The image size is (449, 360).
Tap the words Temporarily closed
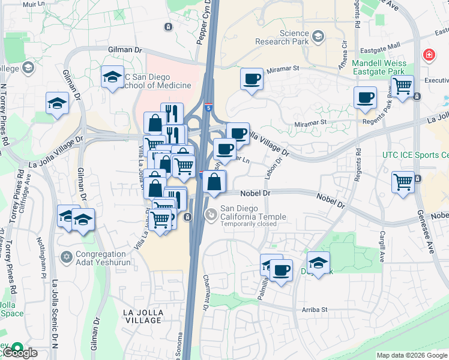tap(249, 224)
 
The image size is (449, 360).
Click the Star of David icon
tap(67, 257)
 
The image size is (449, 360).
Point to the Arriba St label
tap(315, 310)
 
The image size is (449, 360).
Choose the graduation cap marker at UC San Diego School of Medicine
tap(112, 77)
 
